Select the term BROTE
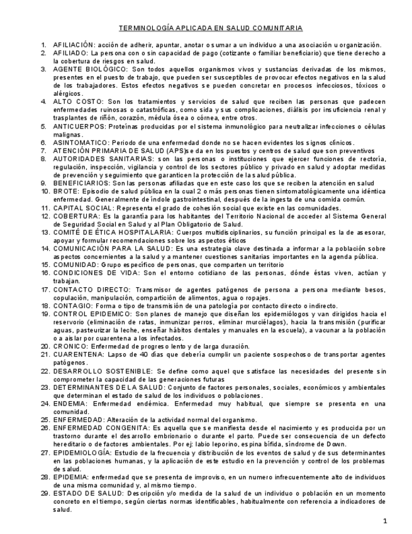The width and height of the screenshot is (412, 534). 65,191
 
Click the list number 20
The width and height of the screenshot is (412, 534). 45,346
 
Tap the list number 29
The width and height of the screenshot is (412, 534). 45,492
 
